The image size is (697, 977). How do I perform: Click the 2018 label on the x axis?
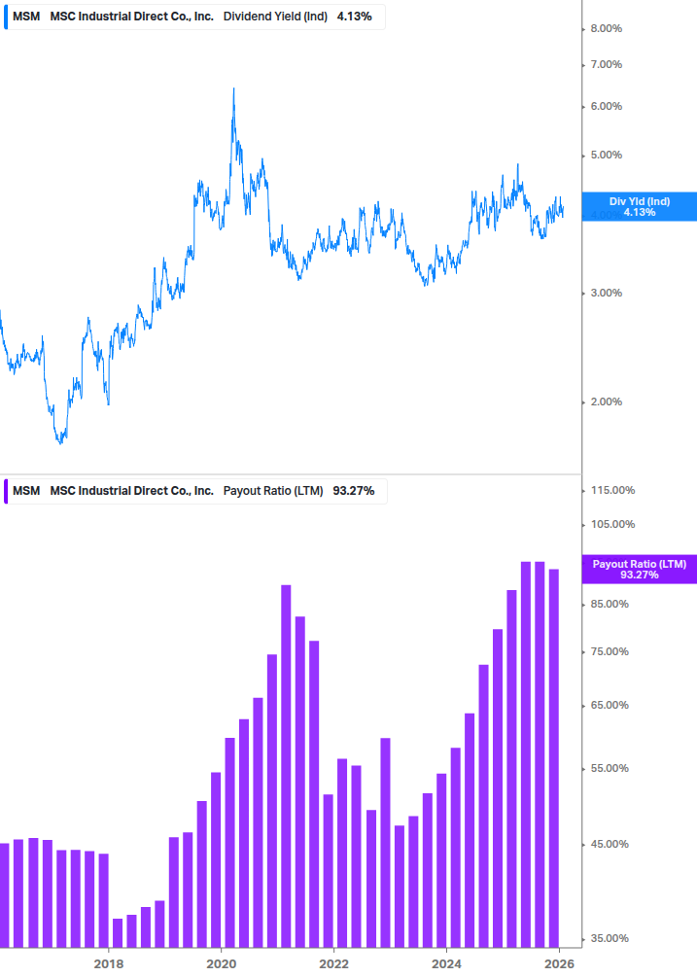[109, 963]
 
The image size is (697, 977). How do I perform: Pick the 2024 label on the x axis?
[446, 963]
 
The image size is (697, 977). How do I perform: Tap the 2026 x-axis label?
[559, 963]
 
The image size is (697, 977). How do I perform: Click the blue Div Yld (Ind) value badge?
[639, 206]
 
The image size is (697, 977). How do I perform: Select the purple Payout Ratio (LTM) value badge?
[639, 569]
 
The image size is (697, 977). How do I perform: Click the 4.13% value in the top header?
[354, 17]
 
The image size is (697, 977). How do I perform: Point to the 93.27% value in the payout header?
[354, 490]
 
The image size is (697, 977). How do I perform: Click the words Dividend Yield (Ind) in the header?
[275, 17]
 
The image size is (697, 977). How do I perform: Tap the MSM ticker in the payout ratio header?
[26, 490]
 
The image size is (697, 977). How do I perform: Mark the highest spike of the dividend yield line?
[233, 89]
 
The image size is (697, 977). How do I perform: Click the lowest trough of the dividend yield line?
[60, 442]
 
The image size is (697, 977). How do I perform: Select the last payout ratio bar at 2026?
[554, 758]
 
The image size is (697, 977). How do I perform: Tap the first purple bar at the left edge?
[4, 894]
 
